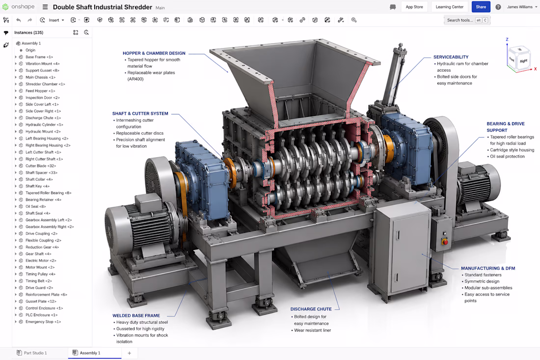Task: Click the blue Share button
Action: coord(481,7)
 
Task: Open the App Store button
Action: coord(414,7)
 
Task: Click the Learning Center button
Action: coord(449,7)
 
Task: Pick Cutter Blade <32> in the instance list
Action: coord(41,166)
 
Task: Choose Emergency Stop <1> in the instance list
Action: coord(43,322)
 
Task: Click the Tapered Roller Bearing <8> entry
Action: coord(48,193)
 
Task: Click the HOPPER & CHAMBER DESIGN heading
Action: coord(154,54)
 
